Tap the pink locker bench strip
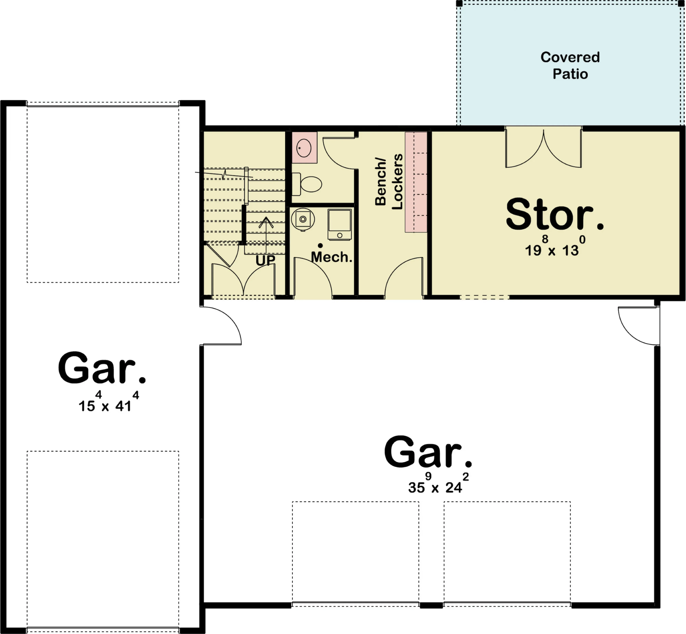pyautogui.click(x=416, y=182)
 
